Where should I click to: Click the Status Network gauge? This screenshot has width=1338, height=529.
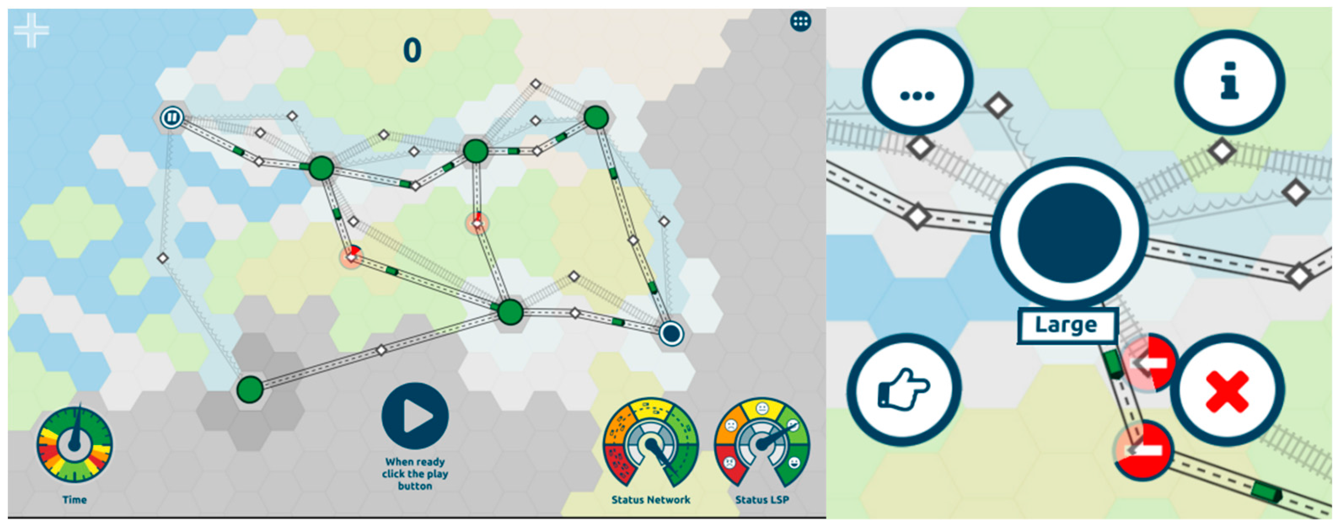(x=650, y=444)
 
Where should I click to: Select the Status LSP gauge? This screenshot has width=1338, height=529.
(x=762, y=444)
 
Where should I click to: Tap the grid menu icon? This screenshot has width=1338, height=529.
(x=800, y=21)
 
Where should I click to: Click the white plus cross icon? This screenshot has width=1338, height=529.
(x=31, y=30)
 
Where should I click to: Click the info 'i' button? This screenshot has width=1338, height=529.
(x=1229, y=82)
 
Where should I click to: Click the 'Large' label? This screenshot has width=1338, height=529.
(x=1066, y=326)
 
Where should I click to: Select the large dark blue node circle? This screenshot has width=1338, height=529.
(x=1069, y=232)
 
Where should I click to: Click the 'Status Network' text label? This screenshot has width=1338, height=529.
(x=650, y=500)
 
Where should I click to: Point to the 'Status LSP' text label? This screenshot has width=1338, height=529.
(x=762, y=500)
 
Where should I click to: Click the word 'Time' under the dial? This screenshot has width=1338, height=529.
(x=74, y=500)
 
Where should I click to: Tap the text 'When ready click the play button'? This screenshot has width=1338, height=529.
(x=415, y=473)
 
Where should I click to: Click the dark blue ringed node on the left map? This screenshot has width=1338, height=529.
(x=670, y=333)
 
